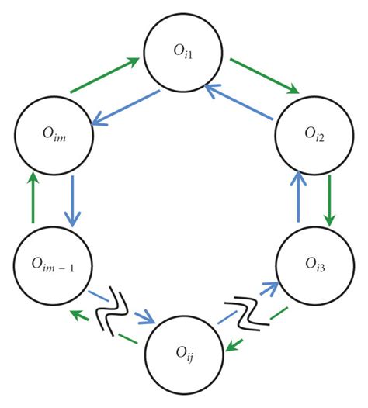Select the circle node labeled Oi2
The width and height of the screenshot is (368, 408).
click(310, 137)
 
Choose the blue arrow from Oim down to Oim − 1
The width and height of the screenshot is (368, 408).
click(72, 201)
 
